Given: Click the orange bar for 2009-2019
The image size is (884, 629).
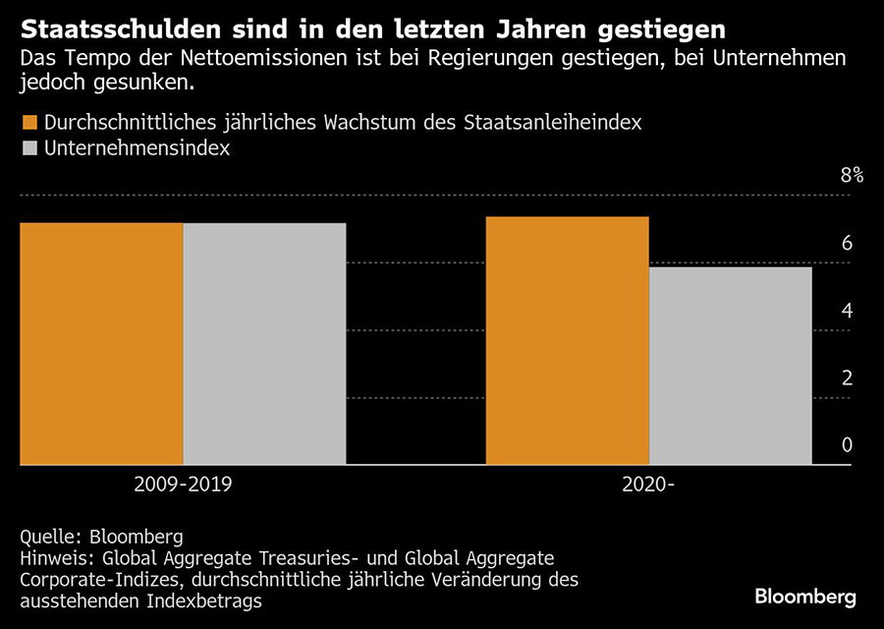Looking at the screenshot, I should (101, 344).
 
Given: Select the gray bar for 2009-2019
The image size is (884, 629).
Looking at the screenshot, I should (264, 344).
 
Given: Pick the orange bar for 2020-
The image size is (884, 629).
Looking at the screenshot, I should (568, 340).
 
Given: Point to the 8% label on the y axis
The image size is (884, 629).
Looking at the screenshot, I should (851, 176).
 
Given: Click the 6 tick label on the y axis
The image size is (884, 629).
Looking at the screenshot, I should (847, 244).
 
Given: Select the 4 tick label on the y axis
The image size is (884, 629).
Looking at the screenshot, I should (847, 311).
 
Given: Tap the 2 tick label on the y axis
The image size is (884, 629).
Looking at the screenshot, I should (847, 378).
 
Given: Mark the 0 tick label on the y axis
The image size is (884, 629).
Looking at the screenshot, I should (847, 445).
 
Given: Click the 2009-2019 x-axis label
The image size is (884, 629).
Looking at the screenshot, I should (183, 484).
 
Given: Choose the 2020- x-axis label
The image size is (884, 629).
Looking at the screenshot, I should (648, 484).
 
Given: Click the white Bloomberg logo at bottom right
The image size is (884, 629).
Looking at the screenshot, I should (805, 597).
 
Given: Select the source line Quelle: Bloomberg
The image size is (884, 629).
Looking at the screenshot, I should (101, 537).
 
